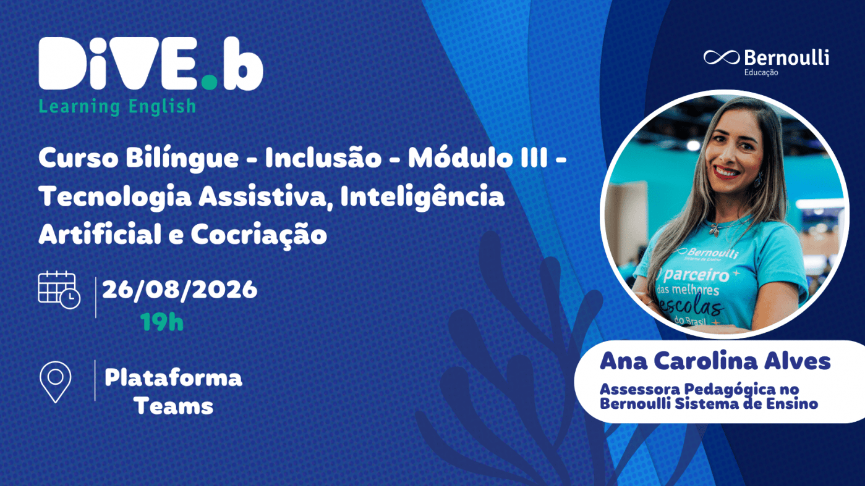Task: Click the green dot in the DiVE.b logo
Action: pyautogui.click(x=210, y=82)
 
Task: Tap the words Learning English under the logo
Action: pyautogui.click(x=117, y=107)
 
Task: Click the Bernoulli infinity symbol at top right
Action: pyautogui.click(x=722, y=57)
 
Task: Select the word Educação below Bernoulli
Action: pyautogui.click(x=761, y=72)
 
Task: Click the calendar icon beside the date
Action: pyautogui.click(x=59, y=290)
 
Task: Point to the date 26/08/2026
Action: pyautogui.click(x=179, y=290)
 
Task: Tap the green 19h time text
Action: pyautogui.click(x=162, y=322)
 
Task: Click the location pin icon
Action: pyautogui.click(x=56, y=382)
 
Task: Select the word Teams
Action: pyautogui.click(x=174, y=406)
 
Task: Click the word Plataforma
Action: pyautogui.click(x=173, y=377)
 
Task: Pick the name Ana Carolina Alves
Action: pyautogui.click(x=715, y=361)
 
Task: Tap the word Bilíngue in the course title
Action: pyautogui.click(x=182, y=159)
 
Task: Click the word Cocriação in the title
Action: pyautogui.click(x=258, y=235)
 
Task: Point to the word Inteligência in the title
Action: pyautogui.click(x=422, y=196)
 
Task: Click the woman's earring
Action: pyautogui.click(x=759, y=179)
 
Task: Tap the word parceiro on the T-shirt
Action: pyautogui.click(x=696, y=275)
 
